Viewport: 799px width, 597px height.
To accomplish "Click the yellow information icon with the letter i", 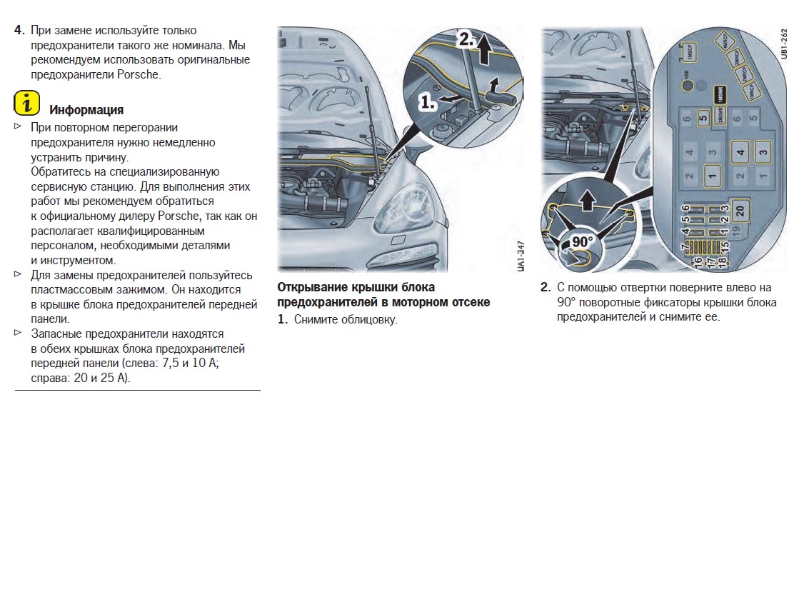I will (26, 104).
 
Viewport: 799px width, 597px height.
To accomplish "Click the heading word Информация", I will (86, 110).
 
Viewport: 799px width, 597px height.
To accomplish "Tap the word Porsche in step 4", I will (139, 74).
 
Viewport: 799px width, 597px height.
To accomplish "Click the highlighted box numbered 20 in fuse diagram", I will (740, 211).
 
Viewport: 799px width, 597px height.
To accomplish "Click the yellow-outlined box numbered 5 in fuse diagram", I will (703, 119).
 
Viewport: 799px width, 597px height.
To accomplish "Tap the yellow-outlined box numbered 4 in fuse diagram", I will (740, 152).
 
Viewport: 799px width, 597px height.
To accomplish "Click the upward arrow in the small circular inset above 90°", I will (587, 201).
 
